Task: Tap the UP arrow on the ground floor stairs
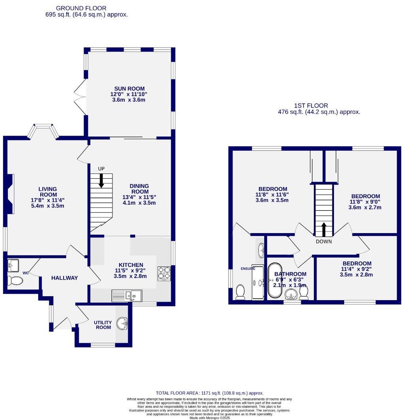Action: click(x=101, y=181)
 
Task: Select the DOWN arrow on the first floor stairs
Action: click(x=324, y=229)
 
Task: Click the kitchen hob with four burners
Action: click(x=164, y=273)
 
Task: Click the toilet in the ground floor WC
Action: click(x=16, y=280)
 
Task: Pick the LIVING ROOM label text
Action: click(x=47, y=192)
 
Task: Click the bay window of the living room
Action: click(x=43, y=130)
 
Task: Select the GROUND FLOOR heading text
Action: click(x=81, y=8)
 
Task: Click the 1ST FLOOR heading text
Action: click(x=311, y=105)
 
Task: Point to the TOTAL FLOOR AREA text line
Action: click(x=209, y=393)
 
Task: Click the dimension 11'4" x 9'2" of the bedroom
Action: click(x=356, y=270)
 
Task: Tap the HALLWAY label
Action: click(x=64, y=278)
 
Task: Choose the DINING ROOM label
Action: click(x=139, y=189)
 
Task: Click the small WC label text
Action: click(x=25, y=273)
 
